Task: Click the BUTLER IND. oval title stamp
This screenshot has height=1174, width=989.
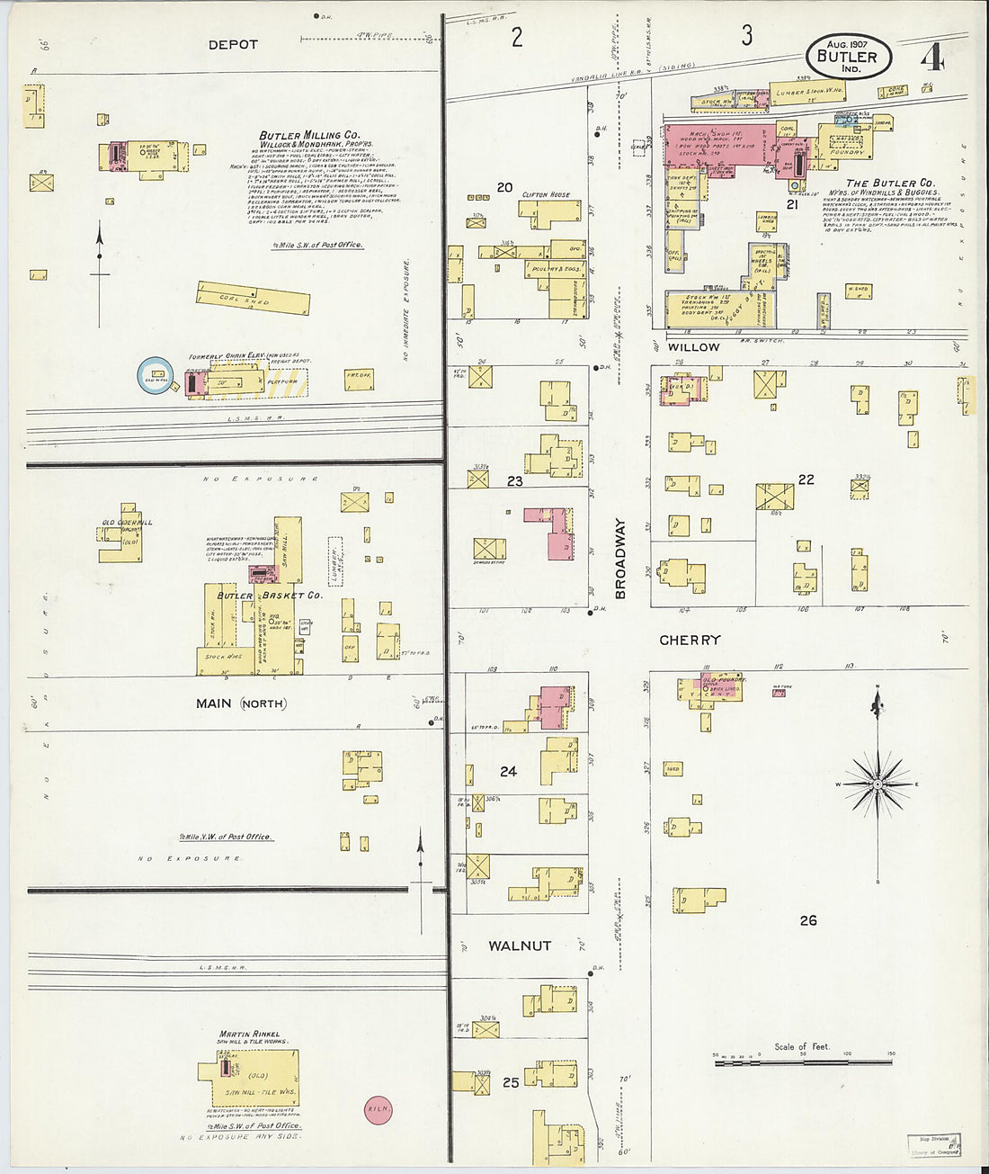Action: pyautogui.click(x=848, y=57)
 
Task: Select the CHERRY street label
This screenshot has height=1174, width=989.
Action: pyautogui.click(x=690, y=641)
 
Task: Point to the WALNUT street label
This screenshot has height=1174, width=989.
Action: pyautogui.click(x=520, y=945)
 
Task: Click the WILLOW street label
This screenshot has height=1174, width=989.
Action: pyautogui.click(x=693, y=347)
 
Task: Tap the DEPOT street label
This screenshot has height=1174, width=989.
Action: pyautogui.click(x=233, y=44)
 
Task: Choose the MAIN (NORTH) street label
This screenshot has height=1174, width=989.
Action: pyautogui.click(x=241, y=704)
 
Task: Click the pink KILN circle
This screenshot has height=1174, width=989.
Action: pyautogui.click(x=378, y=1109)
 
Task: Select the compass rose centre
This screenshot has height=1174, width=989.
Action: pyautogui.click(x=878, y=784)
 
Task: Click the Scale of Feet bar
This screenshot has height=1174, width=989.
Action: pyautogui.click(x=803, y=1062)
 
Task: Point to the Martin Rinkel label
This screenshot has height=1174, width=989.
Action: pyautogui.click(x=249, y=1035)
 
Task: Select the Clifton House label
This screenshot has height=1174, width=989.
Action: pyautogui.click(x=546, y=194)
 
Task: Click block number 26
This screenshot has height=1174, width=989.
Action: pyautogui.click(x=807, y=919)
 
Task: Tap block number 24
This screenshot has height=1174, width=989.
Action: pyautogui.click(x=509, y=771)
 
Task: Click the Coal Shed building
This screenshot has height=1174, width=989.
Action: pyautogui.click(x=254, y=298)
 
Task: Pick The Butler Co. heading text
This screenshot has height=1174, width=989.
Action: pyautogui.click(x=890, y=183)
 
